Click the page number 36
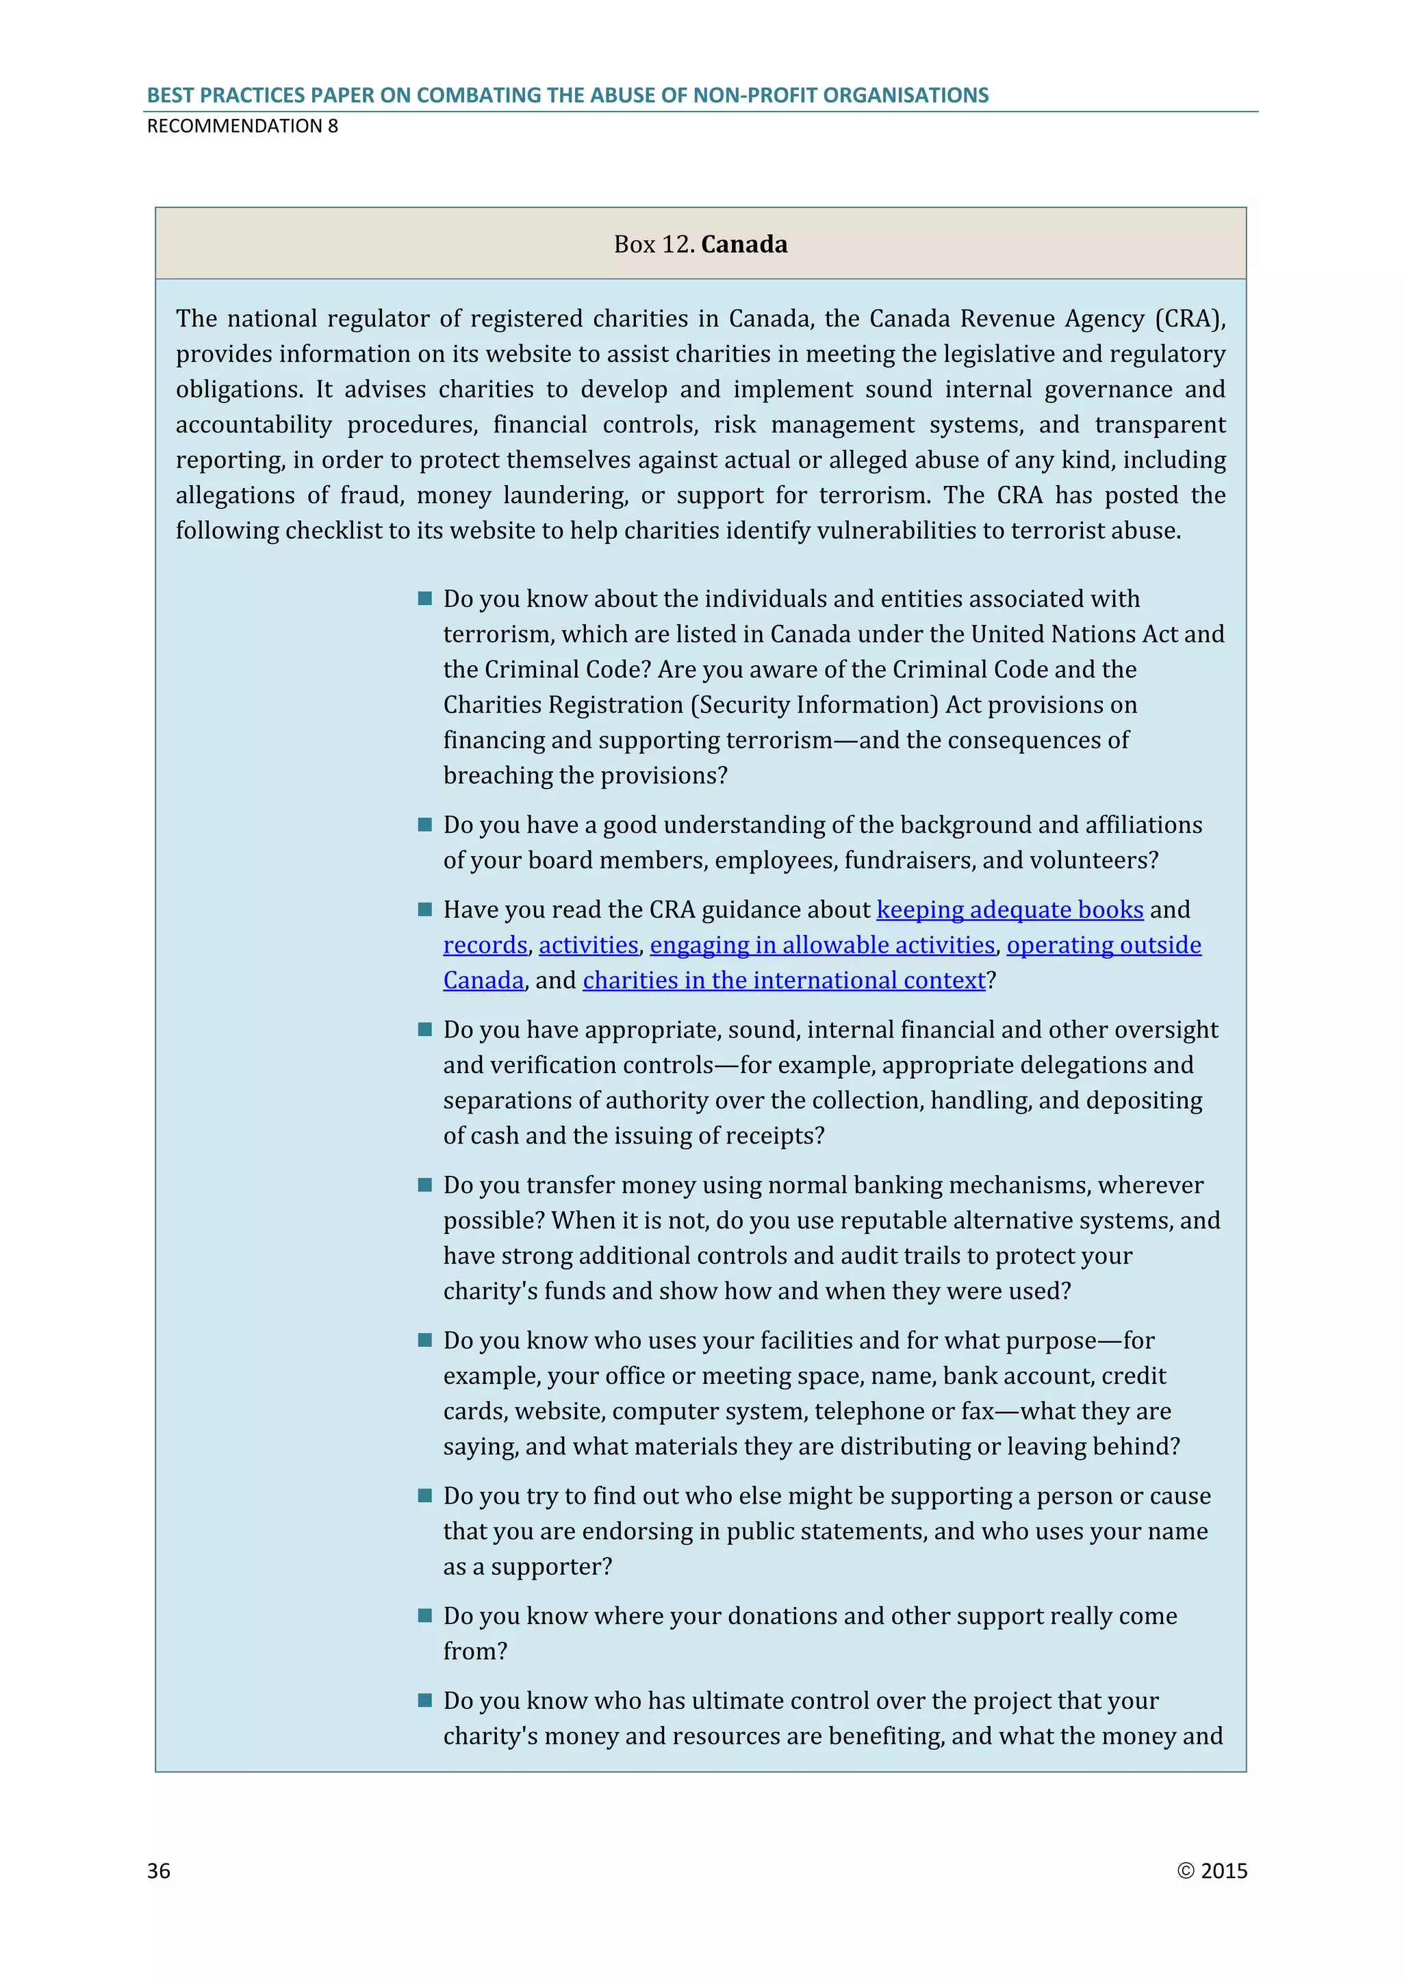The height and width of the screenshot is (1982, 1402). pos(159,1870)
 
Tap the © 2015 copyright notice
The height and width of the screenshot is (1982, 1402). pos(1212,1870)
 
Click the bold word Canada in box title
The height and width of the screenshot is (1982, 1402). pos(744,244)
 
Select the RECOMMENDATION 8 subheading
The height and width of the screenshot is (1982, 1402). pos(242,126)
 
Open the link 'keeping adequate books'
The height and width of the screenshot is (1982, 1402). pos(1009,909)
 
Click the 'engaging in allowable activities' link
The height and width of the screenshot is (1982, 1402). pos(822,944)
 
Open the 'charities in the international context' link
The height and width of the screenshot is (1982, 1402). pos(784,980)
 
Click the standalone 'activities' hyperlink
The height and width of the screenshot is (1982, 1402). pos(588,944)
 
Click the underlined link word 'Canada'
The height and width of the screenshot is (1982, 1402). pos(483,980)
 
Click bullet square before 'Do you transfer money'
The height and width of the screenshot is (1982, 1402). pos(424,1185)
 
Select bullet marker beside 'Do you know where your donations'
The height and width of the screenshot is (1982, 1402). pos(424,1615)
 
